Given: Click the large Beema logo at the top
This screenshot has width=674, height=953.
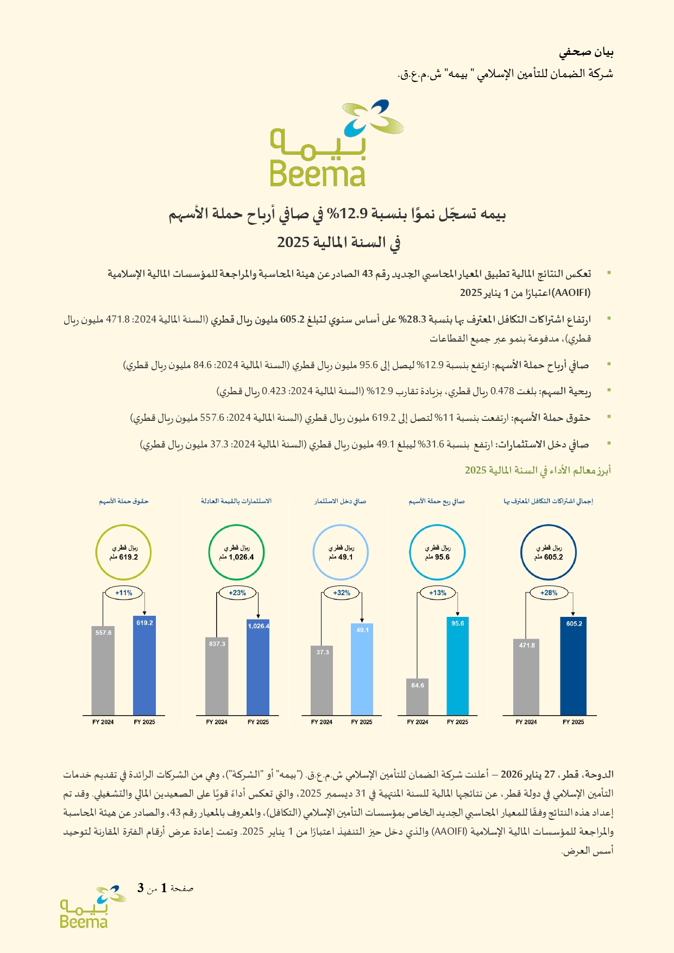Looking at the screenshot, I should tap(337, 143).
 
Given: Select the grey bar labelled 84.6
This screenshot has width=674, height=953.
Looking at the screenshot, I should tap(417, 697).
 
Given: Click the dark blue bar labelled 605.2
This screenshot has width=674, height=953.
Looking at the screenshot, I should tap(573, 666).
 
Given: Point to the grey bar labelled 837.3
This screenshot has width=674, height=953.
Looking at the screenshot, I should tap(217, 676).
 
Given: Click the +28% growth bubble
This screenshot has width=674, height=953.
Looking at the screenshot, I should tap(549, 593).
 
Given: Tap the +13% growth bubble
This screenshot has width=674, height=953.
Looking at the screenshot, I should tap(438, 593).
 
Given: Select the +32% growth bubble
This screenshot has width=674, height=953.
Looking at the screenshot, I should tap(342, 593).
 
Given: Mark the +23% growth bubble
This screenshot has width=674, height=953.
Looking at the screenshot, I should tap(237, 593).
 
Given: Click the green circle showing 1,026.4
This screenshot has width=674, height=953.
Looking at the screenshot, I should tap(236, 552).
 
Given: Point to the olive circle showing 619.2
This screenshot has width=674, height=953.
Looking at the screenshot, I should tap(124, 552).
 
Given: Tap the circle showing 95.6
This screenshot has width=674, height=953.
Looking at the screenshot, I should tap(437, 552).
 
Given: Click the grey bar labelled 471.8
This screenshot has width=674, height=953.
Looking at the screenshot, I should tap(526, 677).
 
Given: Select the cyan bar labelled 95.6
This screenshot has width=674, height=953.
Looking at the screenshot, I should tap(457, 666).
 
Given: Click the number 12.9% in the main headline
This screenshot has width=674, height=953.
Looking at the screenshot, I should tap(353, 215).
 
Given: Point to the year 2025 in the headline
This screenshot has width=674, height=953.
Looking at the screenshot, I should tap(293, 242).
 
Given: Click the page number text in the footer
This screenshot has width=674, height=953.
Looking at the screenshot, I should tap(165, 889).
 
